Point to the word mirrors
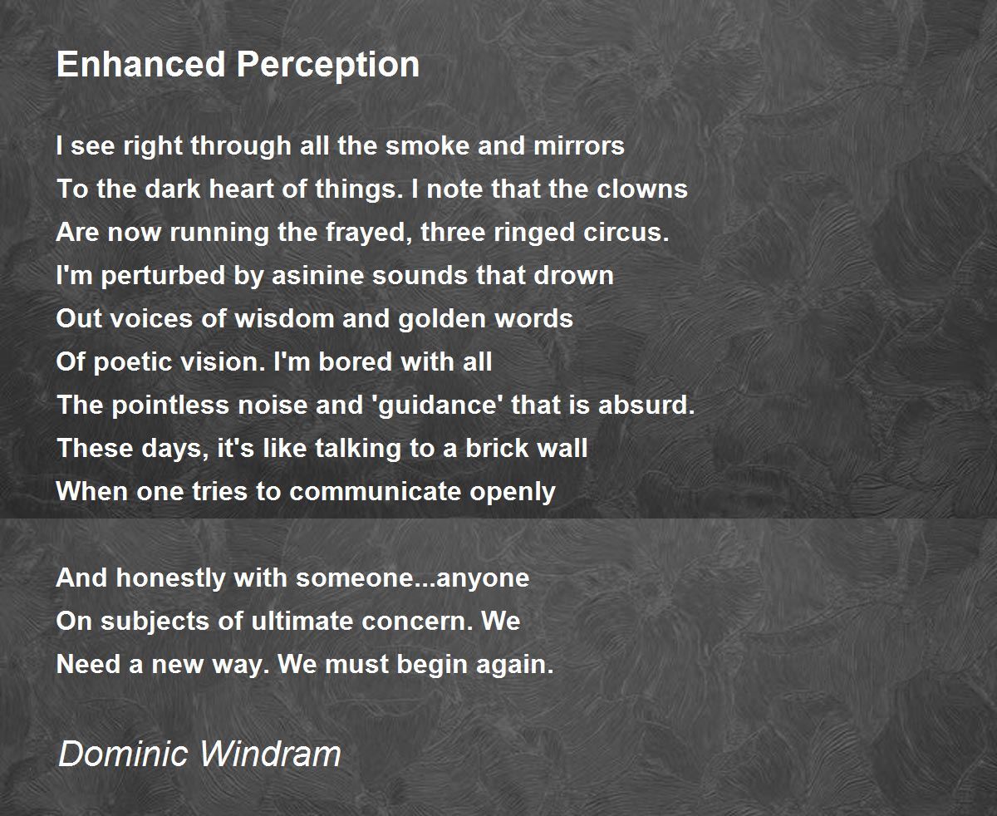click(x=579, y=145)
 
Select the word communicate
click(x=375, y=491)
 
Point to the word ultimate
click(x=302, y=621)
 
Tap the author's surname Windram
click(x=270, y=753)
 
